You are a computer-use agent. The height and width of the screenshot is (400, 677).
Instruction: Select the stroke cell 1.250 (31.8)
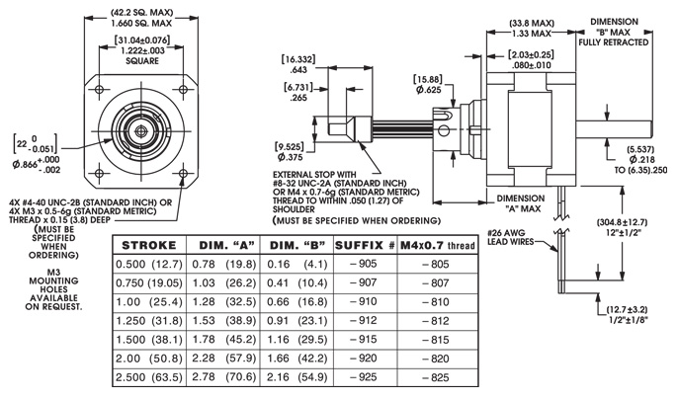point(147,320)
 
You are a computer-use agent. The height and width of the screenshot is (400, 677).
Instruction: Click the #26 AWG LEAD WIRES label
point(515,239)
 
